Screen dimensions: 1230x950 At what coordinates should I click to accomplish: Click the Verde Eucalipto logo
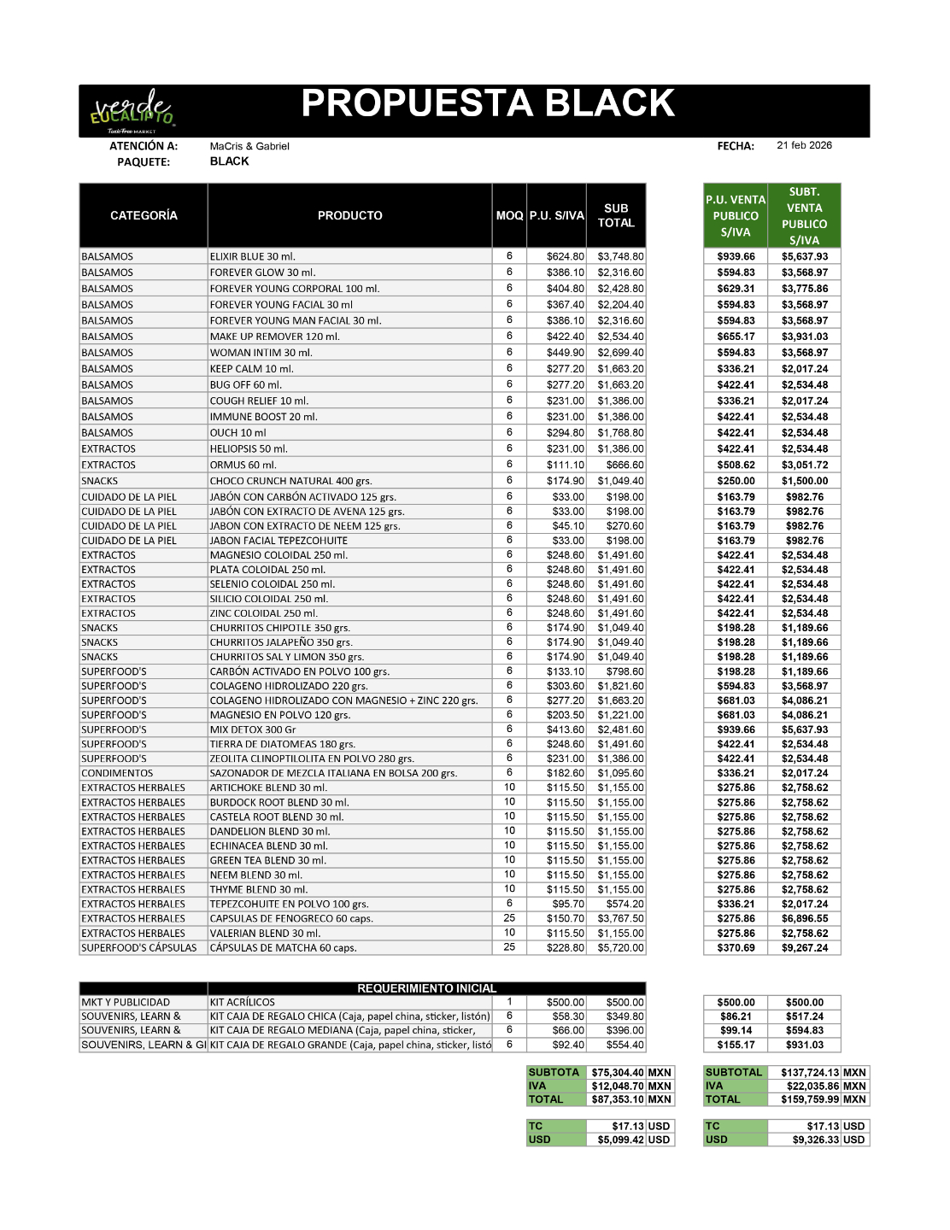coord(132,111)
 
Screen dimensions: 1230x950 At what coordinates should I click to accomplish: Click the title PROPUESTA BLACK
coord(488,103)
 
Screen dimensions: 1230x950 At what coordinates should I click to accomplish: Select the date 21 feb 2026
coord(804,145)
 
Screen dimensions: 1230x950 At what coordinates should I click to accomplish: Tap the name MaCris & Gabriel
coord(249,146)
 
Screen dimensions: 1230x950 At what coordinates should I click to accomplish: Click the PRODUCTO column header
coord(349,215)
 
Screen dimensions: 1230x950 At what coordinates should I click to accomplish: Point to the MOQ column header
coord(509,215)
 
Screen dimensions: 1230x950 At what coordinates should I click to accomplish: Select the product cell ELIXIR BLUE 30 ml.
coord(253,256)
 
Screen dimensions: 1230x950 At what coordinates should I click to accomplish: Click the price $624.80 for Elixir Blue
coord(566,256)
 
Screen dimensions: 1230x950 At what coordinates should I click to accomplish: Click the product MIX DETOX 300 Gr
coord(253,729)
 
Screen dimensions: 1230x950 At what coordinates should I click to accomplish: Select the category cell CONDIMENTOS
coord(117,773)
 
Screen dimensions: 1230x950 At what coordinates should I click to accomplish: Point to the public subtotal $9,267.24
coord(804,947)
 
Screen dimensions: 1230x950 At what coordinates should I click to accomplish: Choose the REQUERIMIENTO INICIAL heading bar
coord(426,988)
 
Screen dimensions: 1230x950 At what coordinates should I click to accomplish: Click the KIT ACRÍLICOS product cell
coord(243,1002)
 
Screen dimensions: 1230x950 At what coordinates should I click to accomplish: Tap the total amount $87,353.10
coord(618,1099)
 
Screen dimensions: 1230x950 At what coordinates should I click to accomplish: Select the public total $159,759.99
coord(810,1099)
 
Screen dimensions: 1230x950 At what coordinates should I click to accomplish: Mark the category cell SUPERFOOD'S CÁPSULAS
coord(138,947)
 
